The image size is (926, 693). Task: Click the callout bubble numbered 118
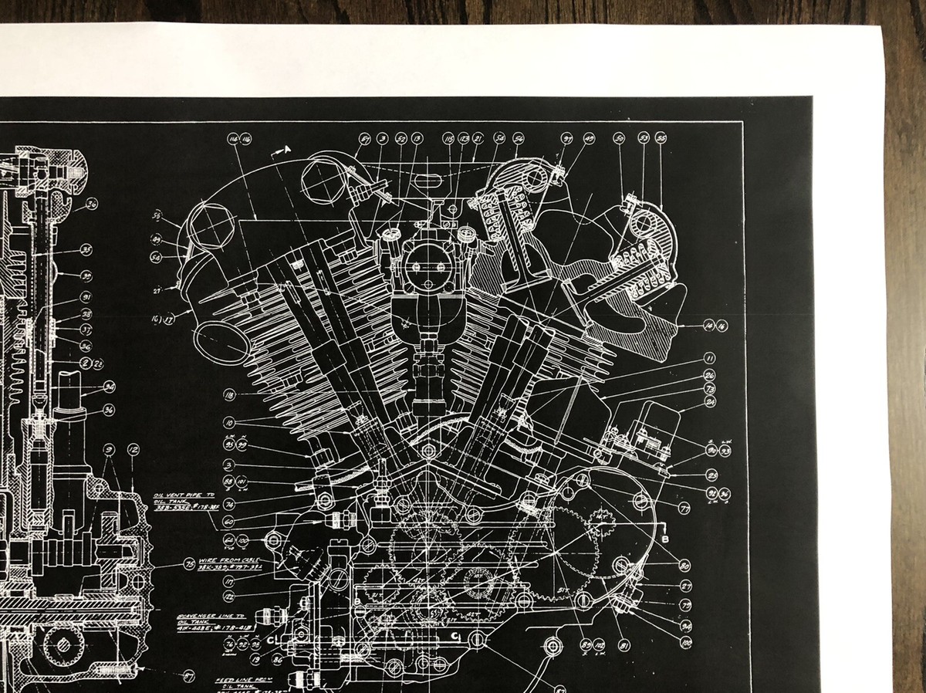point(229,395)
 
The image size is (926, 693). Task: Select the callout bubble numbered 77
point(684,508)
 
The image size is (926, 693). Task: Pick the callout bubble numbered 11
point(708,359)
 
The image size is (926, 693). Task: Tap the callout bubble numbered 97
point(567,139)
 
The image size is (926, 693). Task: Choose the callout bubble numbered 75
point(190,564)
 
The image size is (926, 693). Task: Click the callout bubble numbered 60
point(229,521)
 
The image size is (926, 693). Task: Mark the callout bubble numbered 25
point(711,475)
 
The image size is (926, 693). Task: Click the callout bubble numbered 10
point(229,423)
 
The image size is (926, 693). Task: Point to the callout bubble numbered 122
point(229,596)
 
